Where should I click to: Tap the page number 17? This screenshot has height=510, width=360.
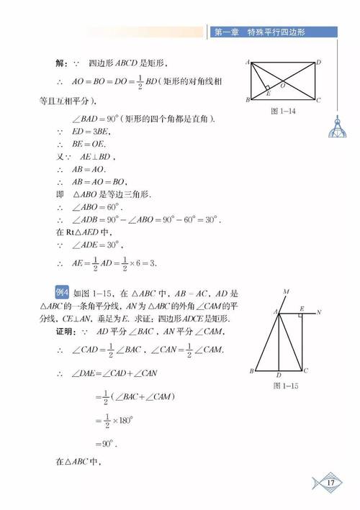(x=330, y=483)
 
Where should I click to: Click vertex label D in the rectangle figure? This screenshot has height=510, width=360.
(x=319, y=63)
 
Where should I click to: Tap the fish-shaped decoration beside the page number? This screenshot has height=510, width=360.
(x=328, y=483)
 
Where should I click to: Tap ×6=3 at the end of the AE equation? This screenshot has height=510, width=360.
(x=143, y=264)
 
